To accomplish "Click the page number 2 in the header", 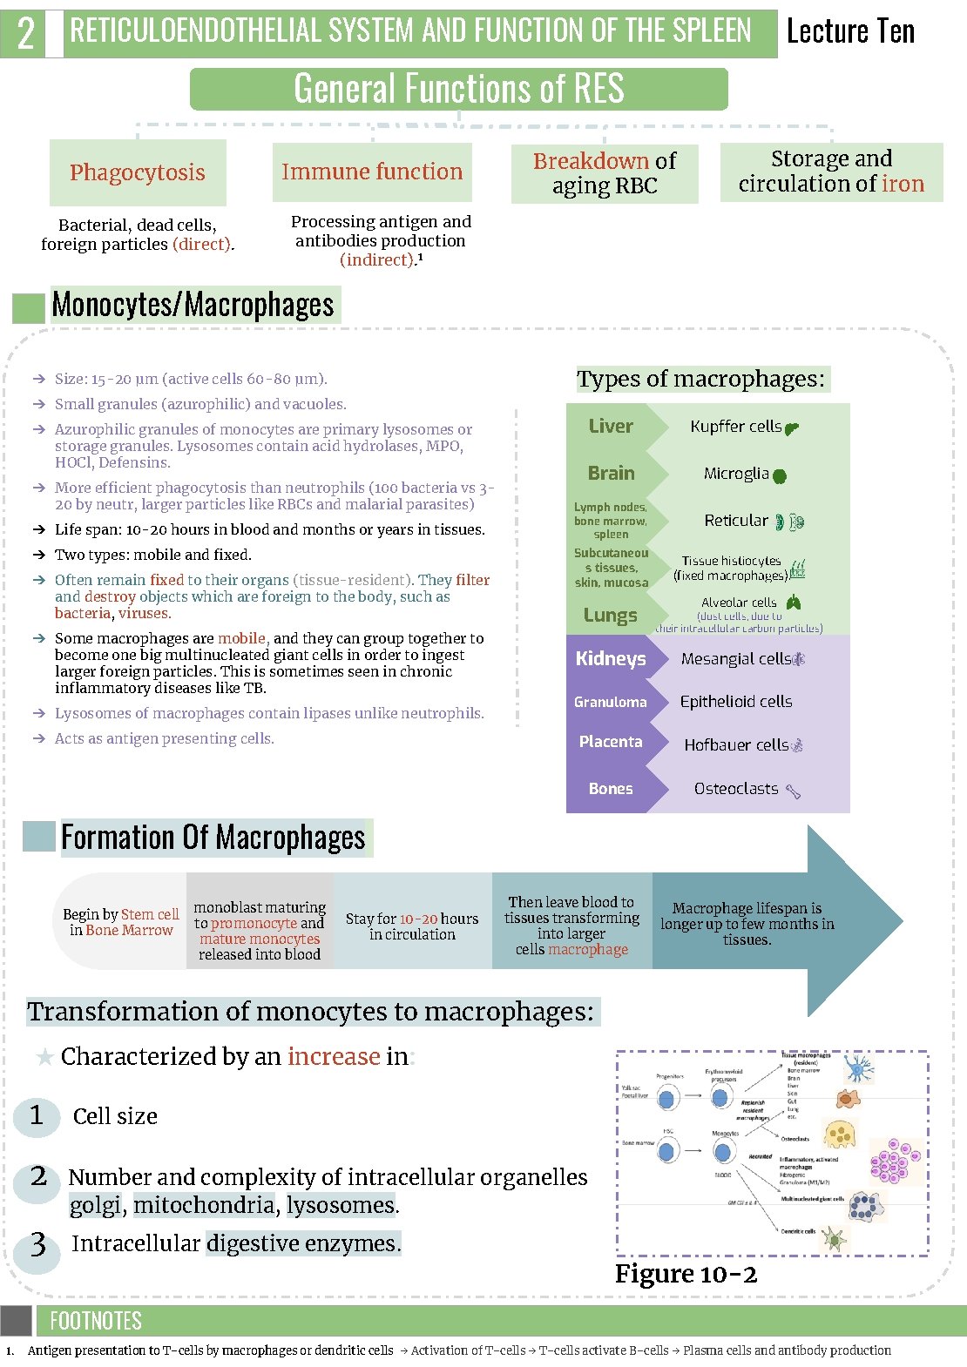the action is (26, 33).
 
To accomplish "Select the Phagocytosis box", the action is (138, 172).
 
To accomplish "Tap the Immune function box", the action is (372, 172).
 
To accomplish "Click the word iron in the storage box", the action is (903, 184).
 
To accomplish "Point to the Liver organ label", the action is (611, 426).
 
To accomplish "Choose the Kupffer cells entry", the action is (736, 426).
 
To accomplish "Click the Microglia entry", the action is (736, 474).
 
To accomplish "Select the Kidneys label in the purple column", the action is (611, 658).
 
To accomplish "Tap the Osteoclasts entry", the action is (736, 788).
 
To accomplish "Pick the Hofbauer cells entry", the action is (736, 744).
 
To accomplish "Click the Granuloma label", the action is (611, 702).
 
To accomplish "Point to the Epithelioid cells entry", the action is (736, 701).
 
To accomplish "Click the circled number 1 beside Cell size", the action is (37, 1115).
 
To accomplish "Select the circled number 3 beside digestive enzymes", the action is (37, 1245).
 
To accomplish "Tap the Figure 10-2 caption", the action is (686, 1274).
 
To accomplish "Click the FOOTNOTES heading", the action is (96, 1321).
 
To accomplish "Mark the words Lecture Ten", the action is (850, 32).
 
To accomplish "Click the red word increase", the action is (334, 1056).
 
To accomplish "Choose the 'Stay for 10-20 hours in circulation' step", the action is (412, 926).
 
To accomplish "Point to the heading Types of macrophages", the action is (700, 379).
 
